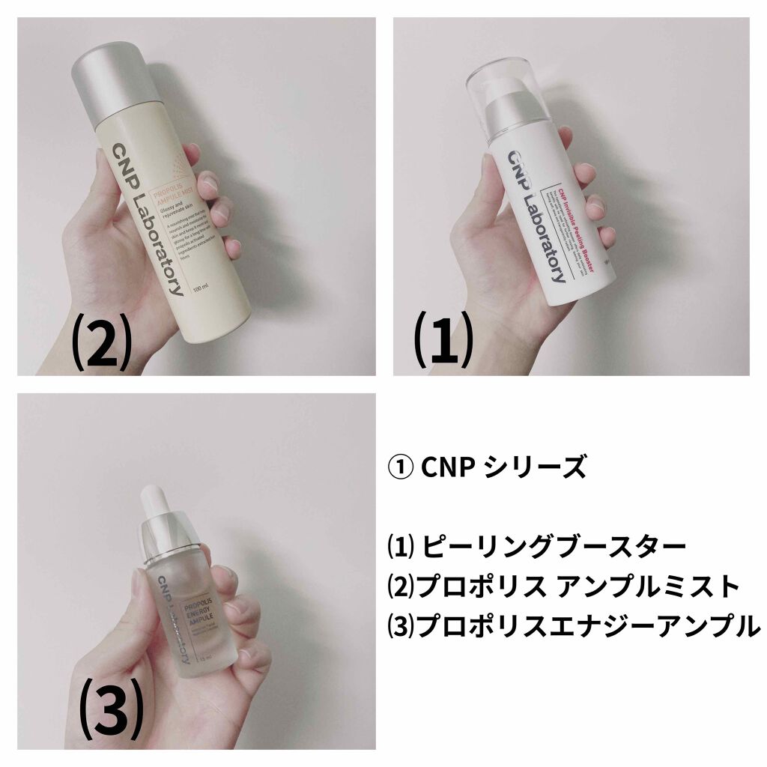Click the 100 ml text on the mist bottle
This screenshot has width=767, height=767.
tap(198, 288)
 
